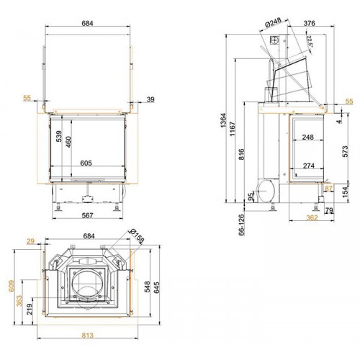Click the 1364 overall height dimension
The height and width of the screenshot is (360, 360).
(223, 120)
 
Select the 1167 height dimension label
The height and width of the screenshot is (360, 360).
(233, 129)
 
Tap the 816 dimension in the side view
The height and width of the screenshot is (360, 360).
(242, 154)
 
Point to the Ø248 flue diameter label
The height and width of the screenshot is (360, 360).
(274, 24)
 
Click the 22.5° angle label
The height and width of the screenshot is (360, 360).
(310, 41)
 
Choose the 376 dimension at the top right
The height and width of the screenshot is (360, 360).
(309, 23)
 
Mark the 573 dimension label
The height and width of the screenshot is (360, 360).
(345, 151)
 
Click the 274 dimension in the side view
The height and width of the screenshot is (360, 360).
(308, 166)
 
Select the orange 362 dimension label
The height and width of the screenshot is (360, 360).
(312, 217)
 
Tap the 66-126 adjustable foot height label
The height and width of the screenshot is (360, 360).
(242, 225)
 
